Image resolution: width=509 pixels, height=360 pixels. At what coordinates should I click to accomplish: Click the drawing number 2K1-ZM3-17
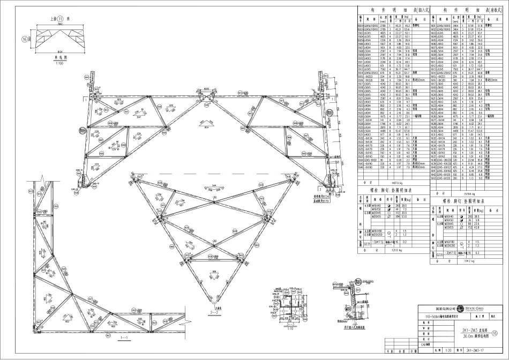coord(478,351)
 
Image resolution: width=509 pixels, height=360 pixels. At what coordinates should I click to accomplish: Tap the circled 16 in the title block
coord(501,333)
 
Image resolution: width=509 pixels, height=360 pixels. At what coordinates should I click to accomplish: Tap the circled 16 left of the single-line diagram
coord(25,39)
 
